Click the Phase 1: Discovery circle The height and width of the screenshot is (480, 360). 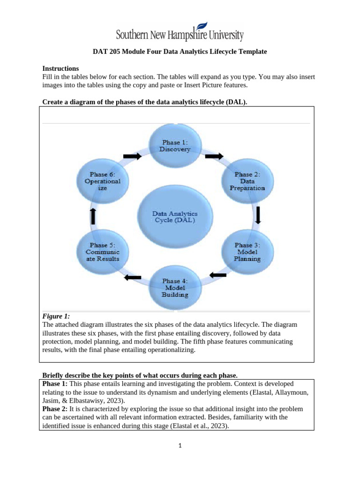point(175,146)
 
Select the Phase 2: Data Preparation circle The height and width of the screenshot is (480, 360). point(247,181)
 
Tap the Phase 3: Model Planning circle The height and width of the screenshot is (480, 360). point(247,252)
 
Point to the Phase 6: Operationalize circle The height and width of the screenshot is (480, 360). point(103,181)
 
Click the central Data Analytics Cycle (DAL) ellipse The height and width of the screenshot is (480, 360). point(175,216)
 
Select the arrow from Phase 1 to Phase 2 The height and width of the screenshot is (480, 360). point(214,156)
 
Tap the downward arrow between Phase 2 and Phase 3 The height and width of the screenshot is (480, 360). point(257,215)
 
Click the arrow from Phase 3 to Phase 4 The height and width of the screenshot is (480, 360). point(217,275)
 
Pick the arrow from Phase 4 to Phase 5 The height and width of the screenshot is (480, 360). point(133,277)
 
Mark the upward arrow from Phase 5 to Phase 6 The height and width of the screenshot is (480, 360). point(93,216)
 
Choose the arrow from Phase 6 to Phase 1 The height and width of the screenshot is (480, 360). point(132,157)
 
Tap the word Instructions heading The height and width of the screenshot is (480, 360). point(60,68)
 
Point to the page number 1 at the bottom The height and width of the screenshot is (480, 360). point(180,446)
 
